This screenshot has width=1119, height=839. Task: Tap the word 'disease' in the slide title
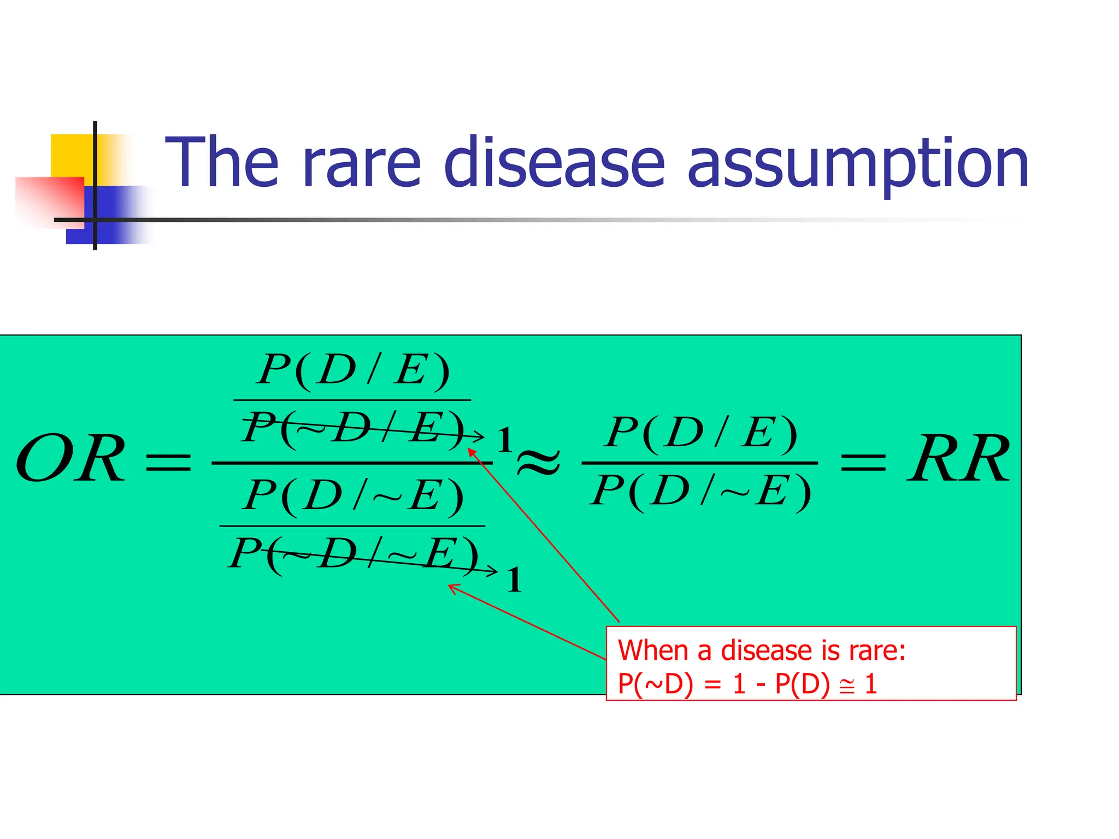[554, 162]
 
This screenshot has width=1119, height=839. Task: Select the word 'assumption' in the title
[858, 164]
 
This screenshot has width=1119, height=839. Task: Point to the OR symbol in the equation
[70, 459]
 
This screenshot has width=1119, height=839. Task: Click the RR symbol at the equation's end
[958, 459]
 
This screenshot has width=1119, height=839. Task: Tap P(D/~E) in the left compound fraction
[353, 496]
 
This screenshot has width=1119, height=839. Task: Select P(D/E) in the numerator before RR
[702, 434]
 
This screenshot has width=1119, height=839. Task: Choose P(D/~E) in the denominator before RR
[702, 491]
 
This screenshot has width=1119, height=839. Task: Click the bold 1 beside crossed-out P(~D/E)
[504, 440]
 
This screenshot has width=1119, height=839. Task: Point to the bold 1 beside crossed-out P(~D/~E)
[514, 580]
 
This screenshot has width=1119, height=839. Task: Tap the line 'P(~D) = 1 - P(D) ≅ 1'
[747, 684]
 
